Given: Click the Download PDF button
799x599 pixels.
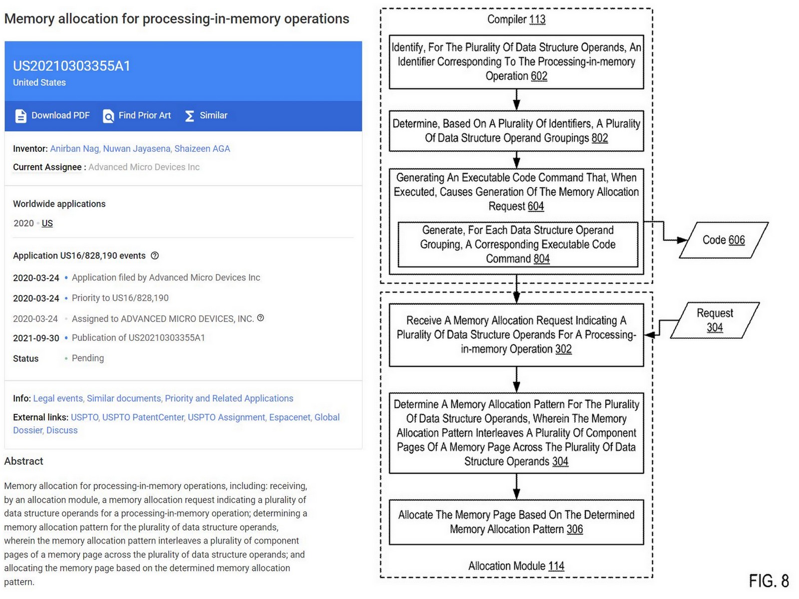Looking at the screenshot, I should point(52,115).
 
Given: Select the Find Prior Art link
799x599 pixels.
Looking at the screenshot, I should point(137,115).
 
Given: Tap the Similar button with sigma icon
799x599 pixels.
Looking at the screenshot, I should point(206,115).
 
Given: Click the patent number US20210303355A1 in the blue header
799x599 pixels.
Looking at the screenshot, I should point(71,66).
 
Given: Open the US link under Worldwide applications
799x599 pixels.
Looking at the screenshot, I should point(47,223).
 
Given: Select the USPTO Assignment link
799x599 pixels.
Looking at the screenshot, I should point(226,417).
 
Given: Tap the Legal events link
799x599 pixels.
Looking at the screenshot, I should point(57,398).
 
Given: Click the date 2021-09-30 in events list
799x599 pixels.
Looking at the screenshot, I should point(36,338).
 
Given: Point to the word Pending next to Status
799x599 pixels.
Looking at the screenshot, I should point(88,358).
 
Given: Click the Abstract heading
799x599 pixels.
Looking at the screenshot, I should point(23,461).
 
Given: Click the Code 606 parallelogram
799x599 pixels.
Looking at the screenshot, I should point(723,240).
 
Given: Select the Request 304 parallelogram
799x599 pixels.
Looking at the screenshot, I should point(715,320).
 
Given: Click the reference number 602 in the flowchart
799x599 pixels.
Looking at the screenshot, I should point(539,76).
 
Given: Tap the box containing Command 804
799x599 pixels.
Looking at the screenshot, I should point(517,245).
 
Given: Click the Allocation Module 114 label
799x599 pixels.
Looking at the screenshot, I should point(516,566).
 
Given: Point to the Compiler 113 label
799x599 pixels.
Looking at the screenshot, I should point(516,19).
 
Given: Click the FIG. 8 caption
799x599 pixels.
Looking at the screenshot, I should point(768,581).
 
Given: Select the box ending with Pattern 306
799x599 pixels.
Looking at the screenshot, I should point(516,522).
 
